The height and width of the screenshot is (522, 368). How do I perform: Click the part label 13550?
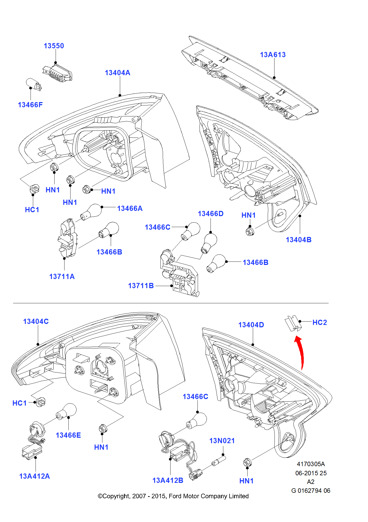point(54,46)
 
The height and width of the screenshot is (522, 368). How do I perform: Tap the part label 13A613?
point(273,55)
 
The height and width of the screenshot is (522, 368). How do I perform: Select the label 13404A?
point(118,73)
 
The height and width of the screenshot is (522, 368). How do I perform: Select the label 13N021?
point(222,441)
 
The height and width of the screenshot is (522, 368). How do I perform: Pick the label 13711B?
point(141,286)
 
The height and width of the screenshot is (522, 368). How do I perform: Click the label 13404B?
point(299,240)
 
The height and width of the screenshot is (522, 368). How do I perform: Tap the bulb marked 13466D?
point(209,243)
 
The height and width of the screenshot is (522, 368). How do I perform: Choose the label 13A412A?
point(34,476)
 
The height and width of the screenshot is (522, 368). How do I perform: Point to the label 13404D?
point(251,325)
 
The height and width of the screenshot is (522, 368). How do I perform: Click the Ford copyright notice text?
point(173,496)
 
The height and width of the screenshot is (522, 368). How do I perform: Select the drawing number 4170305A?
point(311,464)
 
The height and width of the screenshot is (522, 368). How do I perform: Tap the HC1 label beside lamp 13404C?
point(20,403)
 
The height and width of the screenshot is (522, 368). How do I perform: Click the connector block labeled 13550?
point(58,73)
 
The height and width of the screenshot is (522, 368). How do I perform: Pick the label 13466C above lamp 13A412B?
point(195,397)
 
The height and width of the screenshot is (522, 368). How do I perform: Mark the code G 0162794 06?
point(311,491)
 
